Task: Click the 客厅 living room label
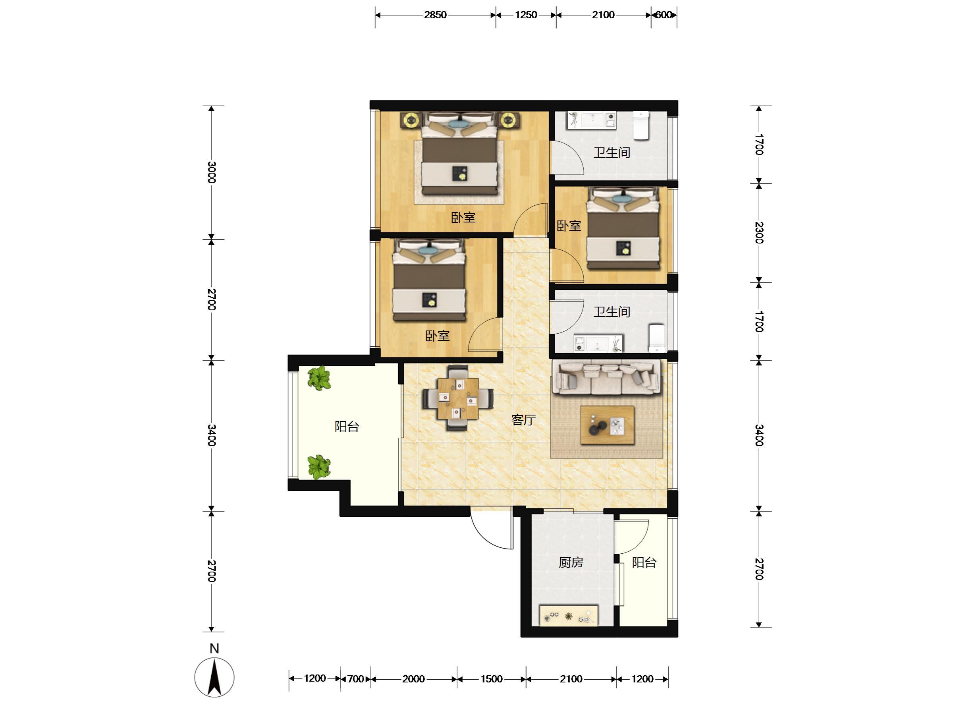(x=523, y=419)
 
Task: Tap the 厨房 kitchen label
(x=571, y=562)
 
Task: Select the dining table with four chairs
(x=458, y=398)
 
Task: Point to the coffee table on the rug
(x=608, y=425)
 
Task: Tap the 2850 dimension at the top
(x=435, y=15)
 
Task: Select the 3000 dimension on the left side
(x=212, y=172)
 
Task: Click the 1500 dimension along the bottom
(x=492, y=679)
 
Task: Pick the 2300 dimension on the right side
(x=759, y=232)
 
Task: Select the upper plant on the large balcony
(x=319, y=378)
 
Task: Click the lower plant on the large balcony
(x=319, y=467)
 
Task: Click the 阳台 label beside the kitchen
(x=644, y=562)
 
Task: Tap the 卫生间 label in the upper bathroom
(x=612, y=152)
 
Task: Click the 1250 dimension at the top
(x=526, y=15)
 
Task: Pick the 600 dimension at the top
(x=664, y=15)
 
